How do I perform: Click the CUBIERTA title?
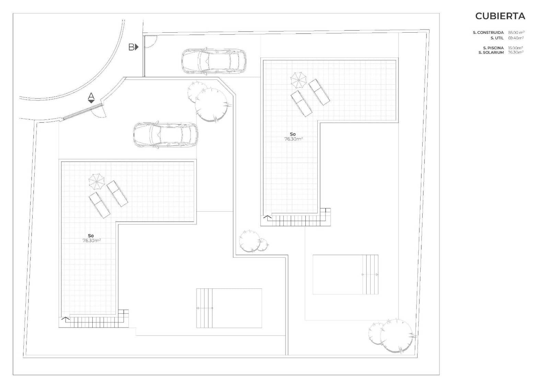[x=500, y=16]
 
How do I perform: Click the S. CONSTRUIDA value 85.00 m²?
[x=516, y=32]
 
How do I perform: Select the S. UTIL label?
[x=497, y=38]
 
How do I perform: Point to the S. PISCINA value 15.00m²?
[x=515, y=48]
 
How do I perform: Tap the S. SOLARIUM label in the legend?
[x=491, y=53]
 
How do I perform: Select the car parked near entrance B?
[x=214, y=61]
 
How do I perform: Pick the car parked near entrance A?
[x=166, y=135]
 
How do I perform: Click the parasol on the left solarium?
[x=96, y=182]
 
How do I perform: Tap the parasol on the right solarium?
[x=299, y=80]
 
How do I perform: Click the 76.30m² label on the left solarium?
[x=92, y=240]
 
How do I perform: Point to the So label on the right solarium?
[x=293, y=134]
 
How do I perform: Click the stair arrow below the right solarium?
[x=268, y=217]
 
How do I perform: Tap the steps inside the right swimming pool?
[x=372, y=274]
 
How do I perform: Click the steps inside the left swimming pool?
[x=205, y=308]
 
